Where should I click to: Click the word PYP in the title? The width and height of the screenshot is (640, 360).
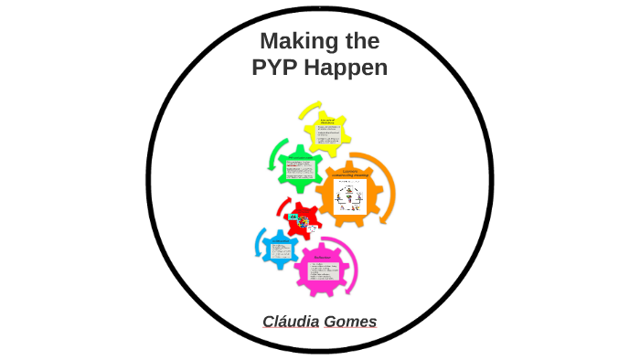coord(277,69)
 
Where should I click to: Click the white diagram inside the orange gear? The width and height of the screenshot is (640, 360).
coord(353,197)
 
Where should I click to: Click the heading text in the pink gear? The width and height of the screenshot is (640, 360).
coord(322,258)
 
